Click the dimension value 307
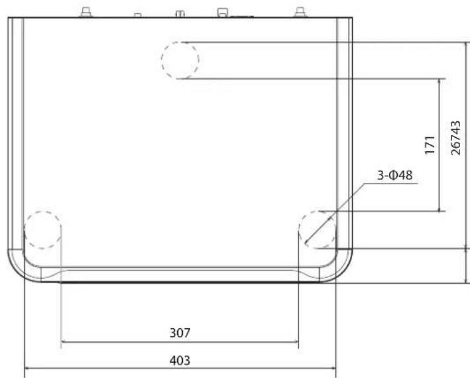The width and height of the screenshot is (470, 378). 180,333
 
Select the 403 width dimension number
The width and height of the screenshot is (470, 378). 180,360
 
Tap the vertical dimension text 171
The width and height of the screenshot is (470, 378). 430,145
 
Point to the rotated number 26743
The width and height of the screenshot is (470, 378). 455,138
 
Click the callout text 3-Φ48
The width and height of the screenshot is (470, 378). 395,175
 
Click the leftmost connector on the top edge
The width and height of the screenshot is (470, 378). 86,12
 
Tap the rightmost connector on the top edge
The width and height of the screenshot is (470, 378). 300,12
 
